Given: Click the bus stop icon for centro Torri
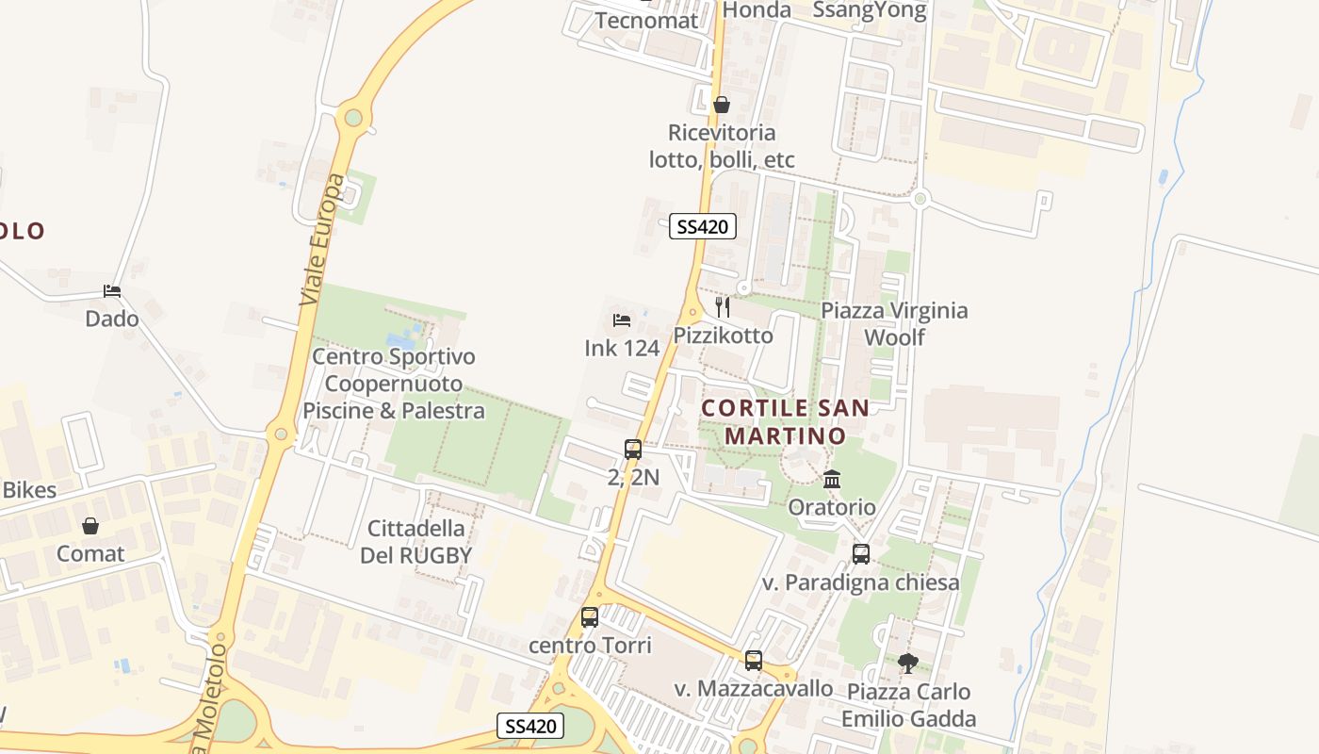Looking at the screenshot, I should coord(590,617).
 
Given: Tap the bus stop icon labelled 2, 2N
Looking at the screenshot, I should coord(633,450).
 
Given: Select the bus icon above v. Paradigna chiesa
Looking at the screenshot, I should coord(861,553).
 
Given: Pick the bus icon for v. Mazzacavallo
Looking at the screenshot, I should coord(754,661).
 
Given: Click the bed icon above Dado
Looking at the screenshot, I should coord(112,291).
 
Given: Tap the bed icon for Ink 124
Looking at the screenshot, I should coord(622,320).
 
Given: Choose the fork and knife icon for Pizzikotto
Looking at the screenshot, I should coord(723,307).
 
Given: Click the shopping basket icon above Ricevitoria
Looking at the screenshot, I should coord(722,105).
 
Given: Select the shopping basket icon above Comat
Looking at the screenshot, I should coord(90,526).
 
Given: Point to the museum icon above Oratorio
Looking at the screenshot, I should coord(832,480).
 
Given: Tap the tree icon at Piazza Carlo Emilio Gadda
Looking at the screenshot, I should coord(908,664).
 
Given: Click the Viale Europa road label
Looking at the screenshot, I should coord(322,239).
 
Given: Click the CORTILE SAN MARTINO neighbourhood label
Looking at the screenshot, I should coord(785,421).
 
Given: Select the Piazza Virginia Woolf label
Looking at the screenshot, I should coord(894,323).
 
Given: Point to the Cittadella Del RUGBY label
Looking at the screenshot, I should coord(415,542).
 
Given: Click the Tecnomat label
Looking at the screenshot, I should coord(646,21).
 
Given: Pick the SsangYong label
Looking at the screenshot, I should coord(870,10).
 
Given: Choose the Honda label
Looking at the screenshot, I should coord(757,10).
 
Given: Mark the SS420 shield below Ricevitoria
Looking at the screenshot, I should coord(703,227).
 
